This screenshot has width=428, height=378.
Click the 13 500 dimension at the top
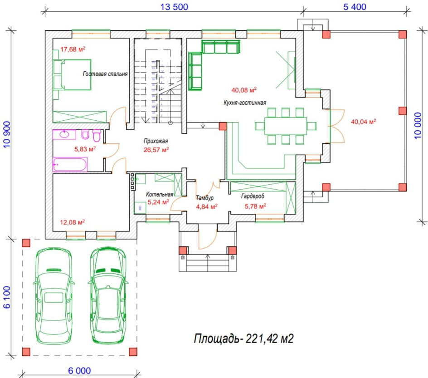174,6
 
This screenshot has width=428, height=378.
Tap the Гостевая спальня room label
105,74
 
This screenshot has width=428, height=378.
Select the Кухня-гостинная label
244,103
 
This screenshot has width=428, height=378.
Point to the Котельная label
160,194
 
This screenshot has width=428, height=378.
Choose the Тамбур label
205,198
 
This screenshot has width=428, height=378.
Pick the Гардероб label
253,196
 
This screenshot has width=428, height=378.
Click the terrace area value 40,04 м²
364,122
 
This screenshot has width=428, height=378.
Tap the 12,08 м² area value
73,222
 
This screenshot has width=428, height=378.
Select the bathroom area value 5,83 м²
85,148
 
